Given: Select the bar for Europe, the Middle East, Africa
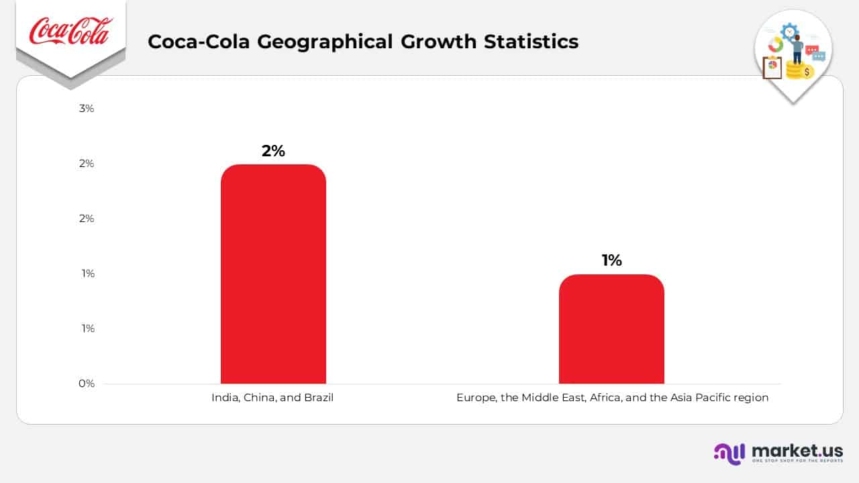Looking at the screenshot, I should (611, 329).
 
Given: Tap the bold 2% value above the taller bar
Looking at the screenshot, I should (273, 151).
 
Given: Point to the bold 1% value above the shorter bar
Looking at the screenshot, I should (611, 260).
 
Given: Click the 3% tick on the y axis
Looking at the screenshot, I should (87, 108).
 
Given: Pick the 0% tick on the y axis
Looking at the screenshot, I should (87, 384).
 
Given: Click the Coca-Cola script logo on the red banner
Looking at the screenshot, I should (70, 32).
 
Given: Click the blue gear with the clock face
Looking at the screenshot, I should (790, 32).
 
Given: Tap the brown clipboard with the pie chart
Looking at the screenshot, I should (772, 68).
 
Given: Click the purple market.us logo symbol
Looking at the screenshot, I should (729, 453).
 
